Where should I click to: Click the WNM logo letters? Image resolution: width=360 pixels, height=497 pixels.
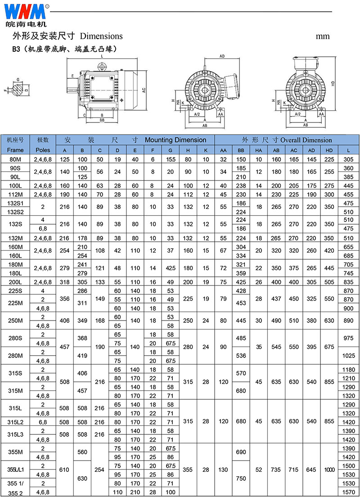25,12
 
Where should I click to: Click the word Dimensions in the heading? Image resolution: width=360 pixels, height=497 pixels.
101,36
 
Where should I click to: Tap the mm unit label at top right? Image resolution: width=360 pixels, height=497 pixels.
323,36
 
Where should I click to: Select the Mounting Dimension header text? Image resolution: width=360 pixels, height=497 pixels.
175,140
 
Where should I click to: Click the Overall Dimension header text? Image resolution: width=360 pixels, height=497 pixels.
306,140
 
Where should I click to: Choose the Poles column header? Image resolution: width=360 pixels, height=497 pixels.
43,150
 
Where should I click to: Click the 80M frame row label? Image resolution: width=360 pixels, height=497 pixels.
15,159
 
